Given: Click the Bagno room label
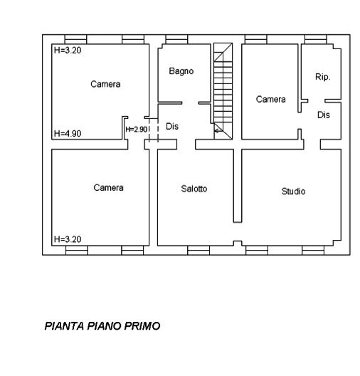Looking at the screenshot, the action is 181,71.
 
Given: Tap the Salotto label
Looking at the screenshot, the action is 194,189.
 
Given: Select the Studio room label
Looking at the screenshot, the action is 293,192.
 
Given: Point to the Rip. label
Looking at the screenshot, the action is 322,77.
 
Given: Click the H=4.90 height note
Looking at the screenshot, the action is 68,134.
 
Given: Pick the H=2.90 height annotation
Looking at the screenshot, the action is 137,130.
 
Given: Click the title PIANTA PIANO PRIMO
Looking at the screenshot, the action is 102,326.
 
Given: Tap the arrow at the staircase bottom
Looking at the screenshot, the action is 218,131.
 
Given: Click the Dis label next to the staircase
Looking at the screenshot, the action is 172,126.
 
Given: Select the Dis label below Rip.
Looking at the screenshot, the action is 324,115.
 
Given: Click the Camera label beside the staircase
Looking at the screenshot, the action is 270,99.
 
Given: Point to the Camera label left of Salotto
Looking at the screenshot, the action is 109,187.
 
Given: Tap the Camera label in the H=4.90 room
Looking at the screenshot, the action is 105,84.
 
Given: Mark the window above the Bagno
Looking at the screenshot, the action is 176,39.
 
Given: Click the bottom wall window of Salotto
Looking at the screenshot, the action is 198,250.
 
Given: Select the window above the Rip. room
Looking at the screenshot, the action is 316,39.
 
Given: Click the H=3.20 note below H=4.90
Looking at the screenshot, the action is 68,239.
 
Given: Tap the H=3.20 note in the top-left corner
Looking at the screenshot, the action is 68,51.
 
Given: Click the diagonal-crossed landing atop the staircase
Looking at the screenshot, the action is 223,52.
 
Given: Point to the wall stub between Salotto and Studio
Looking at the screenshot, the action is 238,186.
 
